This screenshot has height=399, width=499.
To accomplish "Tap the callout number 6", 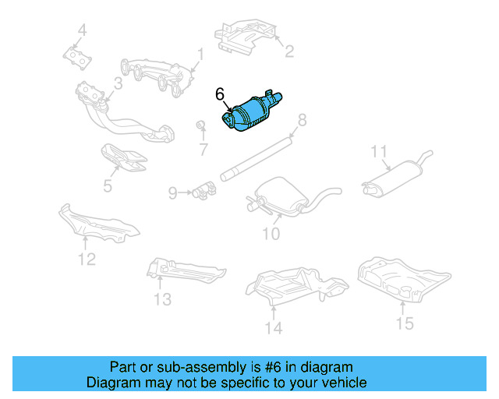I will (x=220, y=94).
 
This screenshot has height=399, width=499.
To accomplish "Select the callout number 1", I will (x=200, y=55).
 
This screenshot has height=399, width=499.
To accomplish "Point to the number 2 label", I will (x=288, y=51).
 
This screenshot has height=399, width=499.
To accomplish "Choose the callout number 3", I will (x=117, y=83).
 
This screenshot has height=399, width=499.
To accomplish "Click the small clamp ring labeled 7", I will (x=200, y=125).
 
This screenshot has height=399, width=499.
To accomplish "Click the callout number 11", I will (x=379, y=150).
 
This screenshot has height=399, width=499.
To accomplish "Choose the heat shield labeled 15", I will (x=402, y=277).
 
